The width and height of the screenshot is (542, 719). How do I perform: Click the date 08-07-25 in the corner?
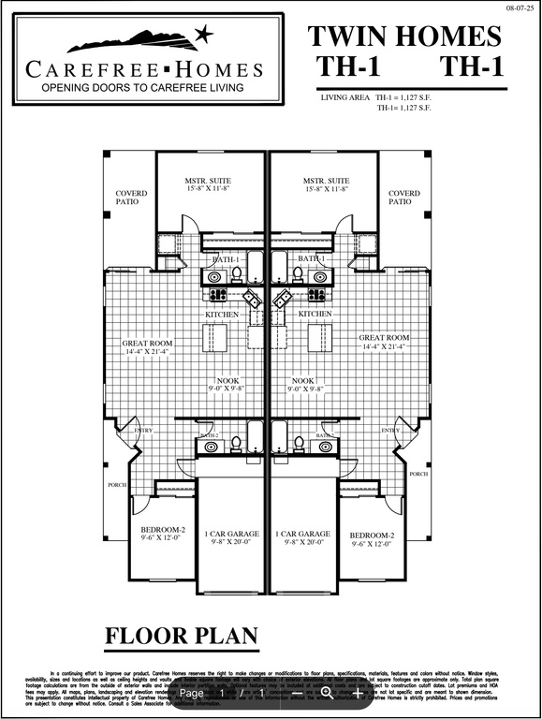coord(518,7)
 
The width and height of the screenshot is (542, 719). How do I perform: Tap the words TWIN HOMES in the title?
coord(404,37)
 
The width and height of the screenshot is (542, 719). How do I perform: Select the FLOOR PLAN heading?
coord(181,637)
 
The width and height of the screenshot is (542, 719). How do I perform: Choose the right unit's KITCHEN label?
coord(315,315)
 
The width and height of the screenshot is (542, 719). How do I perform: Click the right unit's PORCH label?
coord(417,475)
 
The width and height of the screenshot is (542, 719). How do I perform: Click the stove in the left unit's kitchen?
coord(217,294)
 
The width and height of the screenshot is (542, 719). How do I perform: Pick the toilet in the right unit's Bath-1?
coord(298,273)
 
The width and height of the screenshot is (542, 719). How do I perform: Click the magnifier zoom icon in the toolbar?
coord(327,693)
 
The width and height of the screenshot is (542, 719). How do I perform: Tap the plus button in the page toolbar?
coord(357,693)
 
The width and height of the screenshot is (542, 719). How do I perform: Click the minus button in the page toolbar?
coord(298,693)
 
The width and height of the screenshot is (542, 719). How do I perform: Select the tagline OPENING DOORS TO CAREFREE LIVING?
coord(141,87)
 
